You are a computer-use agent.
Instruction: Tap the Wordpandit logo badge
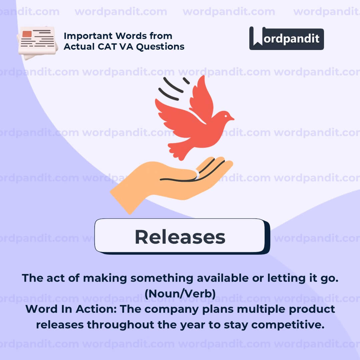[x=287, y=38]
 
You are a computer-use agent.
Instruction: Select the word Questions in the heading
[x=160, y=47]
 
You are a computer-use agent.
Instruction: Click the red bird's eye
[x=226, y=116]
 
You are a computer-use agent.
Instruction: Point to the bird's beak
[x=232, y=118]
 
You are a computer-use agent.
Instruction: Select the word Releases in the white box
[x=180, y=237]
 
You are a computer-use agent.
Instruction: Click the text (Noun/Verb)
[x=180, y=294]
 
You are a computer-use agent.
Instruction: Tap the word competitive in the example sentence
[x=288, y=325]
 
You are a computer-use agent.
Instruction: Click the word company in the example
[x=172, y=309]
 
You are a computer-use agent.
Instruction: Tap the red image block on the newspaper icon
[x=27, y=34]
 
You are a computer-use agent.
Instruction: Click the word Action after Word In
[x=96, y=309]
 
